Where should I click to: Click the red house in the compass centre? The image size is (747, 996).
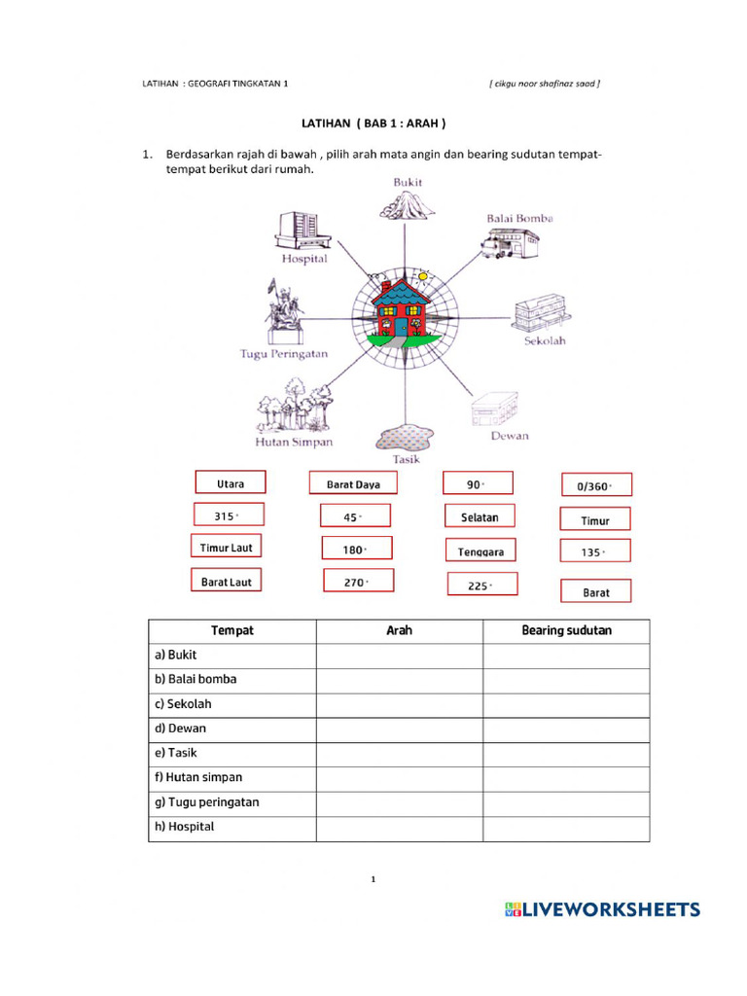point(402,310)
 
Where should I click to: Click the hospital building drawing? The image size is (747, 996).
point(302,231)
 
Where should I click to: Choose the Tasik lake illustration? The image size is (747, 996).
point(405,435)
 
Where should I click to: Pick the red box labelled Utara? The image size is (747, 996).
point(231,483)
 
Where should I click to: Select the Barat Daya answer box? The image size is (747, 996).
point(353,483)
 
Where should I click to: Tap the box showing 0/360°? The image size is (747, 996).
point(596,485)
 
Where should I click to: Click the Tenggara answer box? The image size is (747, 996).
point(480,551)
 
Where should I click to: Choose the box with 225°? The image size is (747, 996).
point(481,585)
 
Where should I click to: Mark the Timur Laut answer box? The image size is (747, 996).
point(227,548)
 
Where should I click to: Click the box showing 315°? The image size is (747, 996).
point(228,516)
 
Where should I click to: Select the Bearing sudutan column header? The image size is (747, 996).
point(566,630)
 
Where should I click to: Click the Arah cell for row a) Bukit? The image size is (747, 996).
point(399,656)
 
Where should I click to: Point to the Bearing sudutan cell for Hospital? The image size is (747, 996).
point(566,828)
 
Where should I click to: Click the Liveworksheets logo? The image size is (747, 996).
point(602,909)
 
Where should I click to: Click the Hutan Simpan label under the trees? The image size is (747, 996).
point(293,442)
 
